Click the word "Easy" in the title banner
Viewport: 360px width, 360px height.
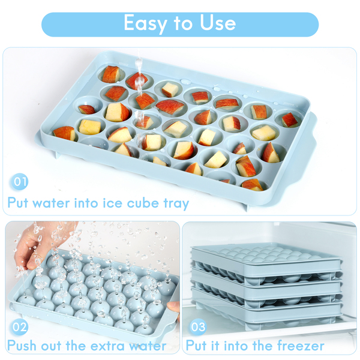pos(145,23)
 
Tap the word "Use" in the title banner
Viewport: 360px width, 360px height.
pos(218,23)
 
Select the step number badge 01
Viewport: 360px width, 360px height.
pos(20,182)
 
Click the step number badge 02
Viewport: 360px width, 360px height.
pos(20,327)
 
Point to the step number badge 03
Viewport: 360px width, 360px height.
pos(198,327)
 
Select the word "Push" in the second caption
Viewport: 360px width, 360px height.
pos(22,346)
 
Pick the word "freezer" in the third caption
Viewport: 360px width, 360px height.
pos(301,346)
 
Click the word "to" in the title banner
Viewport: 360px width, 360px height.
pos(183,24)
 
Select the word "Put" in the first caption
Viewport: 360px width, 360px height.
pos(17,203)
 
